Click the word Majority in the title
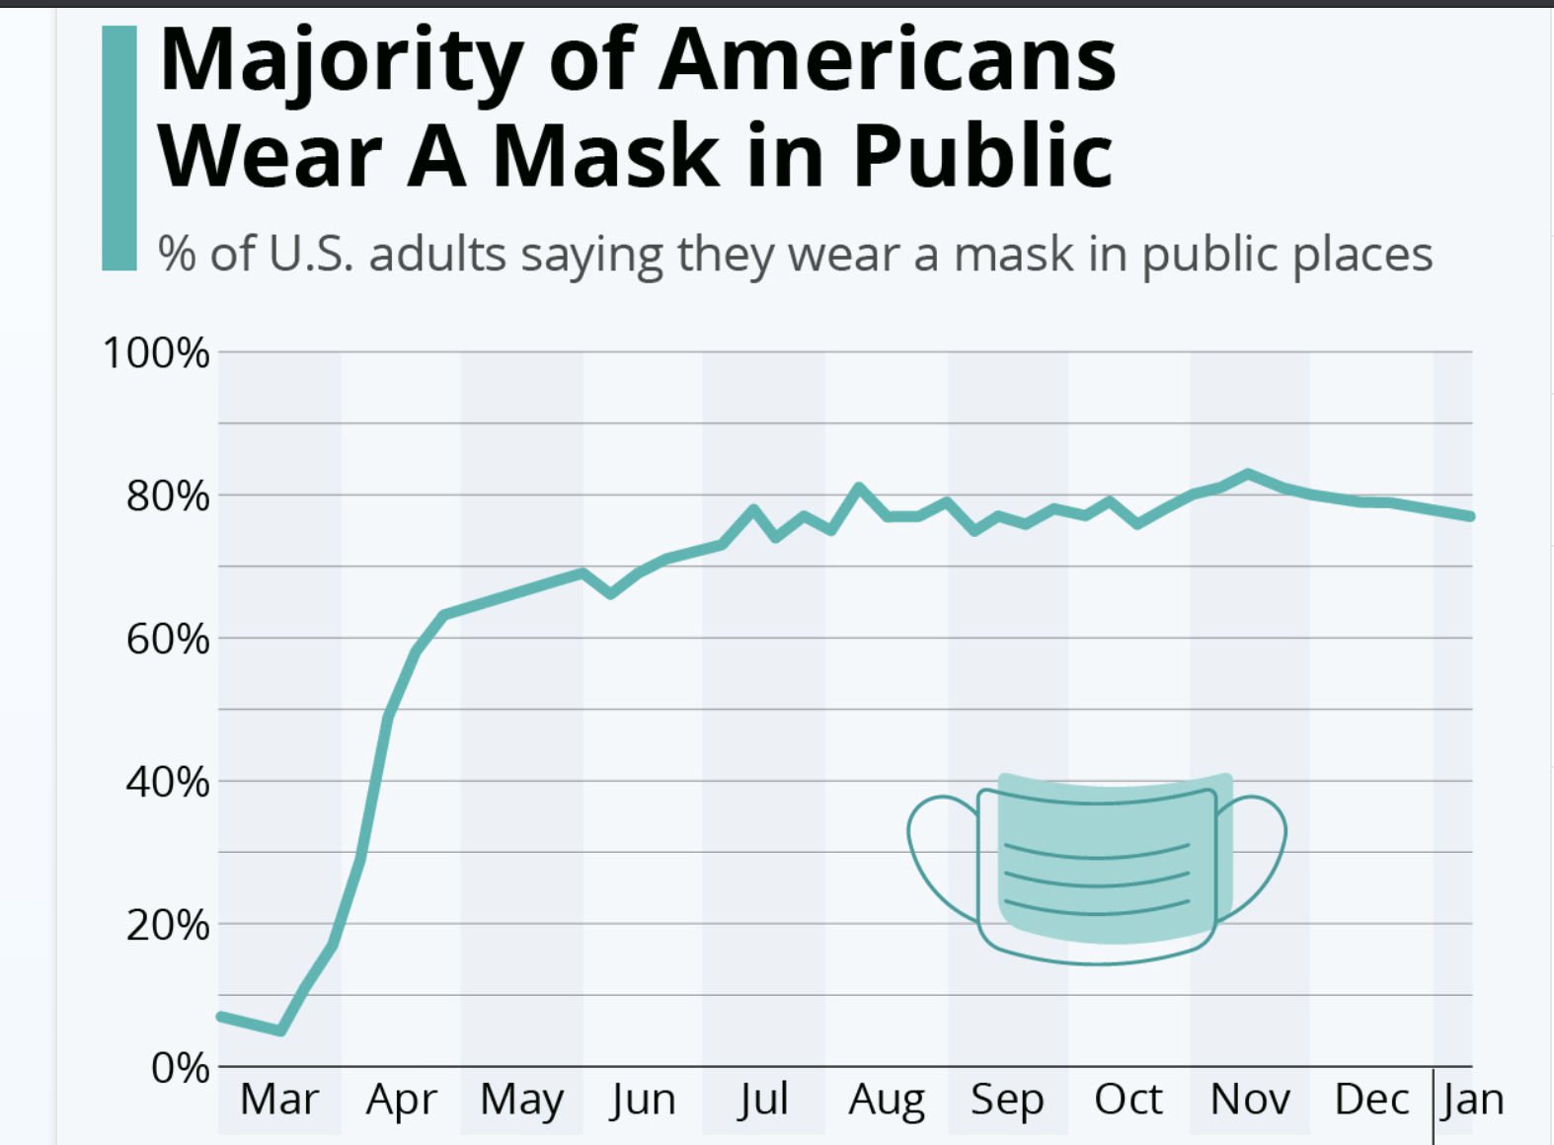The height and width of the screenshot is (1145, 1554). click(341, 61)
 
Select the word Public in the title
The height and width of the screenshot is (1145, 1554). click(982, 156)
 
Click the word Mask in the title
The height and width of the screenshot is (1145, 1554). click(606, 156)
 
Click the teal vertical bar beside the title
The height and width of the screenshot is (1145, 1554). click(119, 148)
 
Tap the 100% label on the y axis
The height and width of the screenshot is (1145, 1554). click(156, 353)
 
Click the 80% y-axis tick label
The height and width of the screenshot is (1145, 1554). click(168, 496)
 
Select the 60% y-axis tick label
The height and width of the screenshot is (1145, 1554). click(168, 640)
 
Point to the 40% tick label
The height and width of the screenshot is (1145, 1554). click(168, 783)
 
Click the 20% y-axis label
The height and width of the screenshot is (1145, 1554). click(168, 926)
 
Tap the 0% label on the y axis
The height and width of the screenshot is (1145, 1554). click(180, 1068)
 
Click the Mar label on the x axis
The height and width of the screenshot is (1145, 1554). click(279, 1099)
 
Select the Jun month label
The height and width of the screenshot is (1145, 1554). click(643, 1100)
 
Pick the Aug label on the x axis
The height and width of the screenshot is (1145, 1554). click(886, 1100)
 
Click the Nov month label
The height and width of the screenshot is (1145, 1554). click(1250, 1099)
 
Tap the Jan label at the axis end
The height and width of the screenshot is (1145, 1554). click(1472, 1099)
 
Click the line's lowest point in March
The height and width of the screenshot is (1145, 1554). click(281, 1030)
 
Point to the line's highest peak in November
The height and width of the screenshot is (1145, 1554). click(1249, 474)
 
